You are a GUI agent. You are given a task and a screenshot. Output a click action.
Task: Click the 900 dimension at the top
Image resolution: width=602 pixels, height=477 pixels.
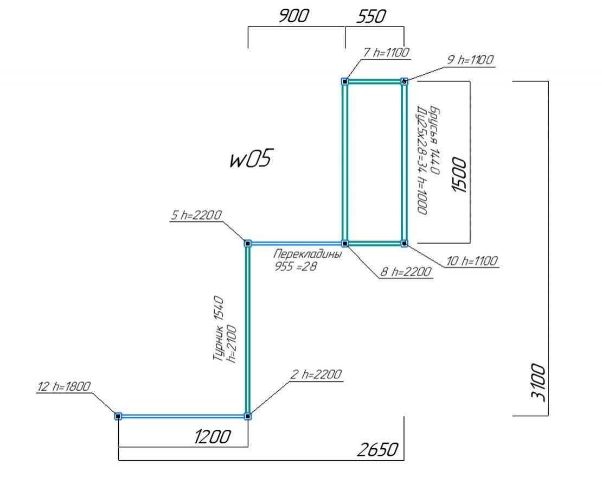coord(293,16)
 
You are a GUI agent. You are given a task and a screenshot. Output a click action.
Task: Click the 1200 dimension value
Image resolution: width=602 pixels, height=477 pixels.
coord(213,436)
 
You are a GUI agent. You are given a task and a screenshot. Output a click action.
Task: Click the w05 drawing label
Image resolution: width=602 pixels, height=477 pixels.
coord(249,160)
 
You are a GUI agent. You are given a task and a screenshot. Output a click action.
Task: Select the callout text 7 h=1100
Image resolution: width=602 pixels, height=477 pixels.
coord(386,53)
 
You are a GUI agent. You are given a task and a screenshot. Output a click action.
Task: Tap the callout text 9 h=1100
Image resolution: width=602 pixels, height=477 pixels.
coord(470,60)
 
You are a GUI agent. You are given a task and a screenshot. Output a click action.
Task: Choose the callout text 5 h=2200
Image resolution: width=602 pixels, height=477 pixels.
coord(196,215)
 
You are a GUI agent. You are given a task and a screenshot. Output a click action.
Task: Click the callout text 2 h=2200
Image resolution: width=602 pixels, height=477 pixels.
coord(317,374)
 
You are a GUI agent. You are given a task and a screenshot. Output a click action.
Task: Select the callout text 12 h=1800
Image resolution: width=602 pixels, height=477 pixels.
coord(64,386)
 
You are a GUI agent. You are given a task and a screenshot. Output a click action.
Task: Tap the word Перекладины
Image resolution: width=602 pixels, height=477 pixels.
coord(308,255)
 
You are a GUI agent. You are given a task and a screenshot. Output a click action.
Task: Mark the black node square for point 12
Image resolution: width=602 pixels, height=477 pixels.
coord(118,416)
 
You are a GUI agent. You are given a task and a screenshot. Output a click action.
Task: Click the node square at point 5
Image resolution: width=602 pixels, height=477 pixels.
coord(248,244)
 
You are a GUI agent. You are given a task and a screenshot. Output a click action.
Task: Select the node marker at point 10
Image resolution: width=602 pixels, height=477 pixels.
coord(404,244)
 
